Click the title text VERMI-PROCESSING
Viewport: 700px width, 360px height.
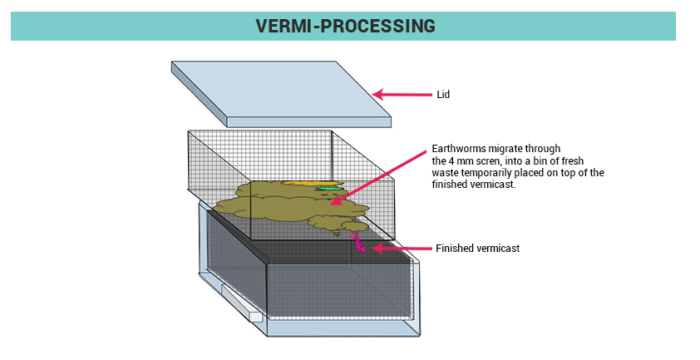(x=349, y=25)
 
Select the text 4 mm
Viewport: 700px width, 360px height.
(x=464, y=160)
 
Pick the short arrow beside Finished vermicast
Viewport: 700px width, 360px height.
(x=398, y=247)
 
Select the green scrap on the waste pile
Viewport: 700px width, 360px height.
(x=327, y=186)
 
